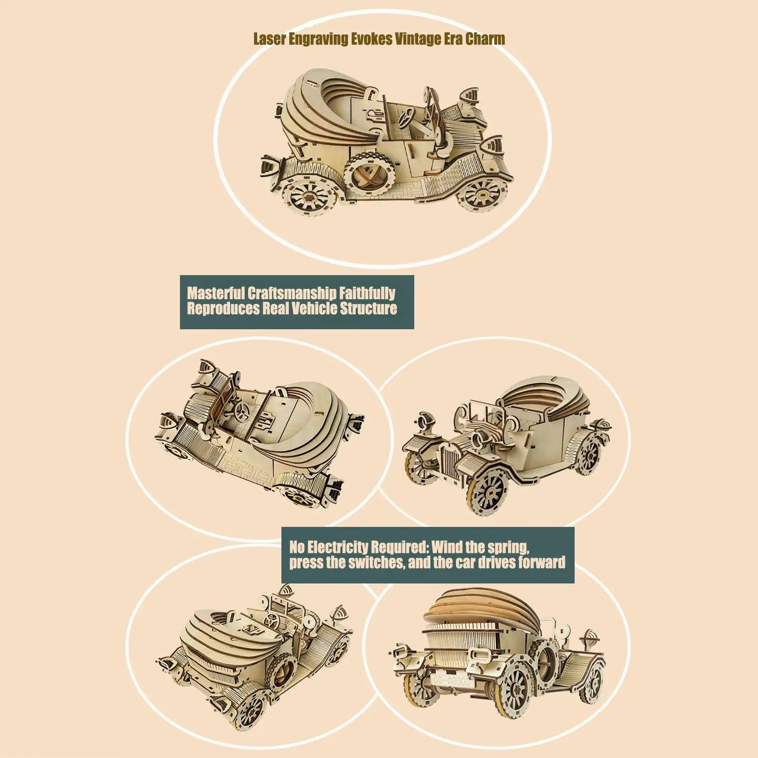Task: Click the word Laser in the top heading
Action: [269, 39]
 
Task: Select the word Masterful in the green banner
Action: [215, 293]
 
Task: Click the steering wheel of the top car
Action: [406, 115]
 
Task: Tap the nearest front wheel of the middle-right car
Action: [488, 492]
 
